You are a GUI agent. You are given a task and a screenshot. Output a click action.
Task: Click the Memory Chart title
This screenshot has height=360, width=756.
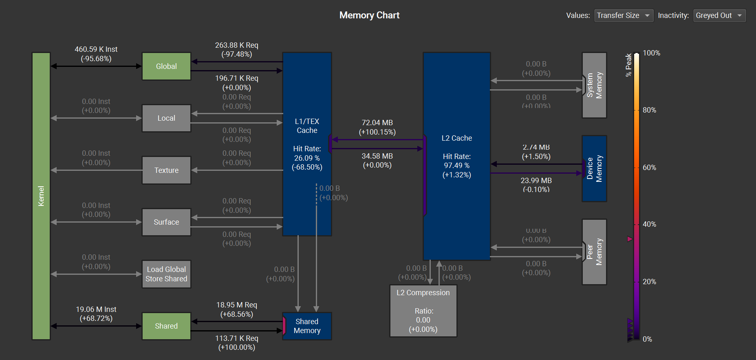click(369, 15)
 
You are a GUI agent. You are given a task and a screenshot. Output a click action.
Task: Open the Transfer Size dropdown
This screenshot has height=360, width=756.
click(624, 15)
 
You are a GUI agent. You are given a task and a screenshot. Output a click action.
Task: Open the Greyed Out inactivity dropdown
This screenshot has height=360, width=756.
click(719, 15)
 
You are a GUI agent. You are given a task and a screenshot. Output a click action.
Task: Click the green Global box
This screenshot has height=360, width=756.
click(166, 66)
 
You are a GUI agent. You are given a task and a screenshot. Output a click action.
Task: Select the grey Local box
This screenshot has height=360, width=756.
click(166, 118)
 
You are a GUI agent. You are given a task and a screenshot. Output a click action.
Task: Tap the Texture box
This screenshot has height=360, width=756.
click(166, 170)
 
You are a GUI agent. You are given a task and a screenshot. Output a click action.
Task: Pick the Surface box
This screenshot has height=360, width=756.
click(166, 222)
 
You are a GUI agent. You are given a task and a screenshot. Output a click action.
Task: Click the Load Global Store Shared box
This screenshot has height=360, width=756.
click(166, 274)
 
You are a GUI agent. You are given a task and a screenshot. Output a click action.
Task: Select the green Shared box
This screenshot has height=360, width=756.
click(166, 326)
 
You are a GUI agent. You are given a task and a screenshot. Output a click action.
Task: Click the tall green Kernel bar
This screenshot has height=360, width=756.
click(41, 196)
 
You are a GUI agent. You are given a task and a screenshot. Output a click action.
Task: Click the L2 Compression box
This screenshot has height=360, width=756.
click(423, 311)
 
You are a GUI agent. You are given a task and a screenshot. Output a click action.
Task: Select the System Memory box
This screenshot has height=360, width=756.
click(594, 85)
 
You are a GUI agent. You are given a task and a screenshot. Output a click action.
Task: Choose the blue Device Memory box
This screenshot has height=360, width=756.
click(595, 168)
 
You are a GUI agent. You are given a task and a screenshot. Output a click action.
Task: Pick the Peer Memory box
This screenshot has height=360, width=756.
click(594, 252)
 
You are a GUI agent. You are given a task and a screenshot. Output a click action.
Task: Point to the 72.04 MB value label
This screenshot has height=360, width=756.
click(377, 123)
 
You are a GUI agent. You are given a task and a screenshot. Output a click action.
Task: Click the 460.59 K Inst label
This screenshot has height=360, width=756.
click(96, 49)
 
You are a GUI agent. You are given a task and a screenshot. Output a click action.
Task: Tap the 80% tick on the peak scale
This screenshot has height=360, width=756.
click(649, 110)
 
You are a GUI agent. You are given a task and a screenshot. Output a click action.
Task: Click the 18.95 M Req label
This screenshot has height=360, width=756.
click(236, 305)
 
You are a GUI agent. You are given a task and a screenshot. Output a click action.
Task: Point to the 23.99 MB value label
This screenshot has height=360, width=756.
click(536, 181)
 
